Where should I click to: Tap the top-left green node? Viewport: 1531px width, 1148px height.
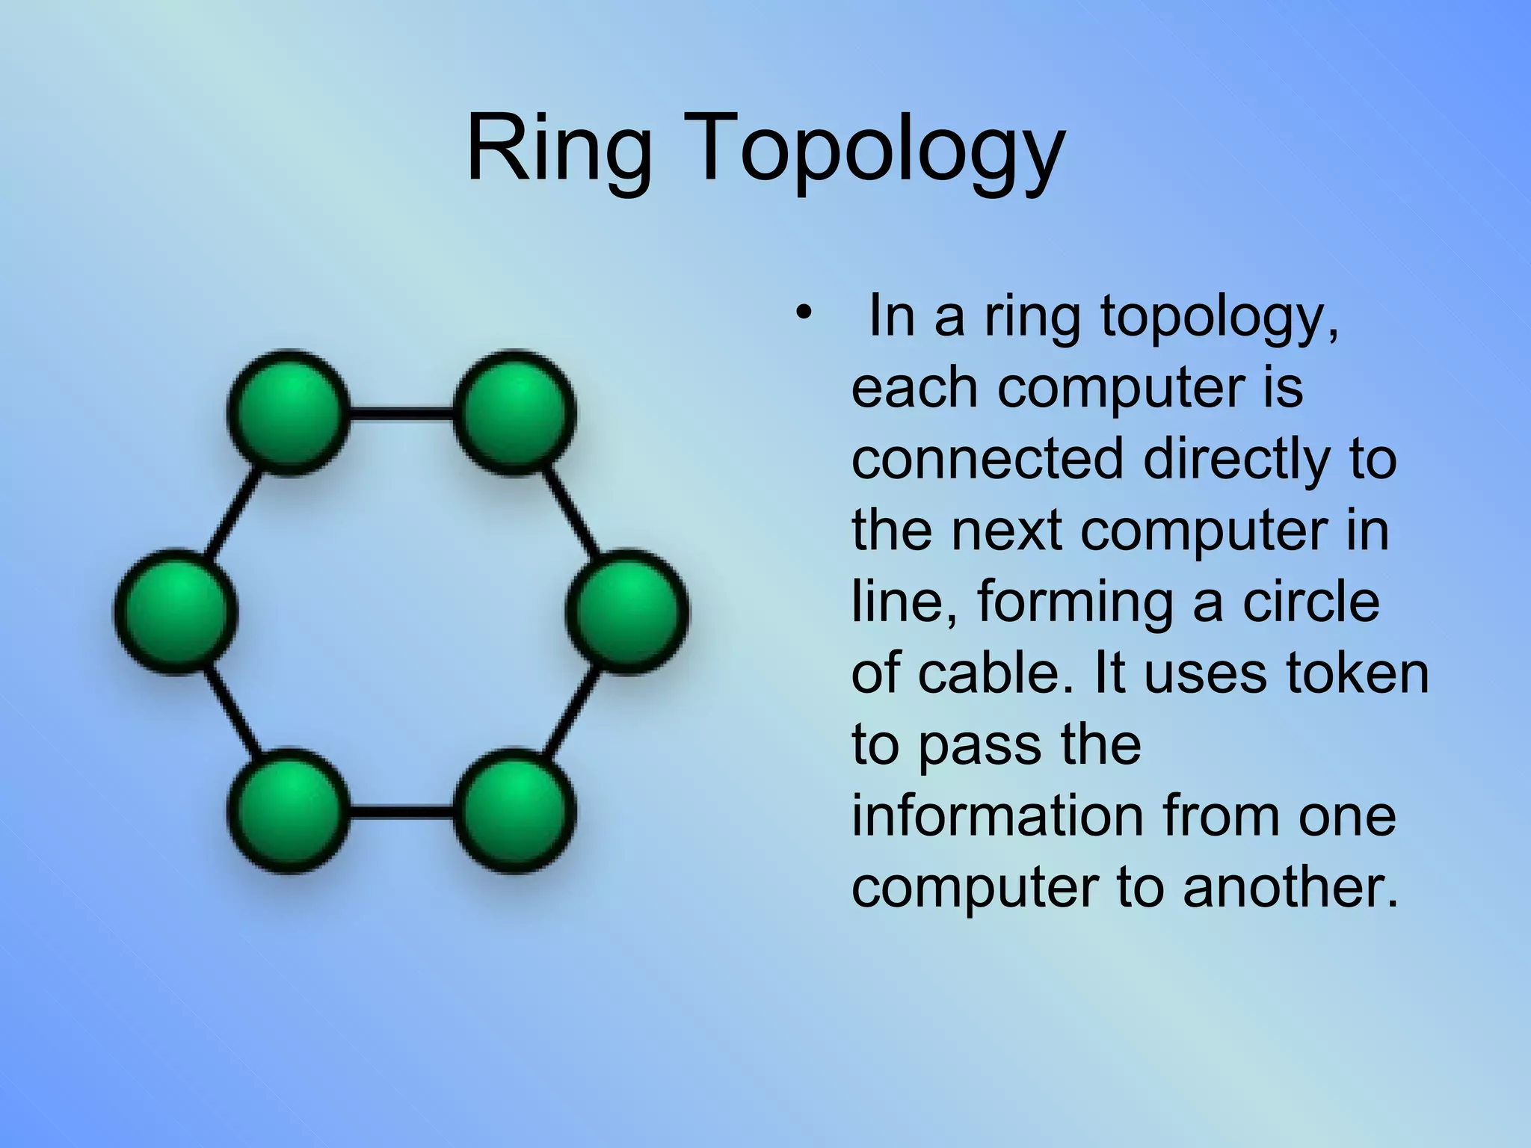tap(289, 412)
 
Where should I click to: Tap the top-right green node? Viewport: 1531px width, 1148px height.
tap(515, 412)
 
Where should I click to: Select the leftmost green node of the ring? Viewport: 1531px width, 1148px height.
tap(176, 611)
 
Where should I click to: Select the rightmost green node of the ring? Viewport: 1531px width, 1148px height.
tap(627, 611)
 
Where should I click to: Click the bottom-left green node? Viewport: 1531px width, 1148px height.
tap(289, 811)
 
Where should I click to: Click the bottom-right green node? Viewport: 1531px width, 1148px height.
tap(515, 811)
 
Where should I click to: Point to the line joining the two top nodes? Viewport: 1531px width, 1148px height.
tap(401, 413)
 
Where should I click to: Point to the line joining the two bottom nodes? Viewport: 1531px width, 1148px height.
tap(401, 812)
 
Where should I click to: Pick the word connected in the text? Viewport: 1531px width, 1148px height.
tap(988, 459)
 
